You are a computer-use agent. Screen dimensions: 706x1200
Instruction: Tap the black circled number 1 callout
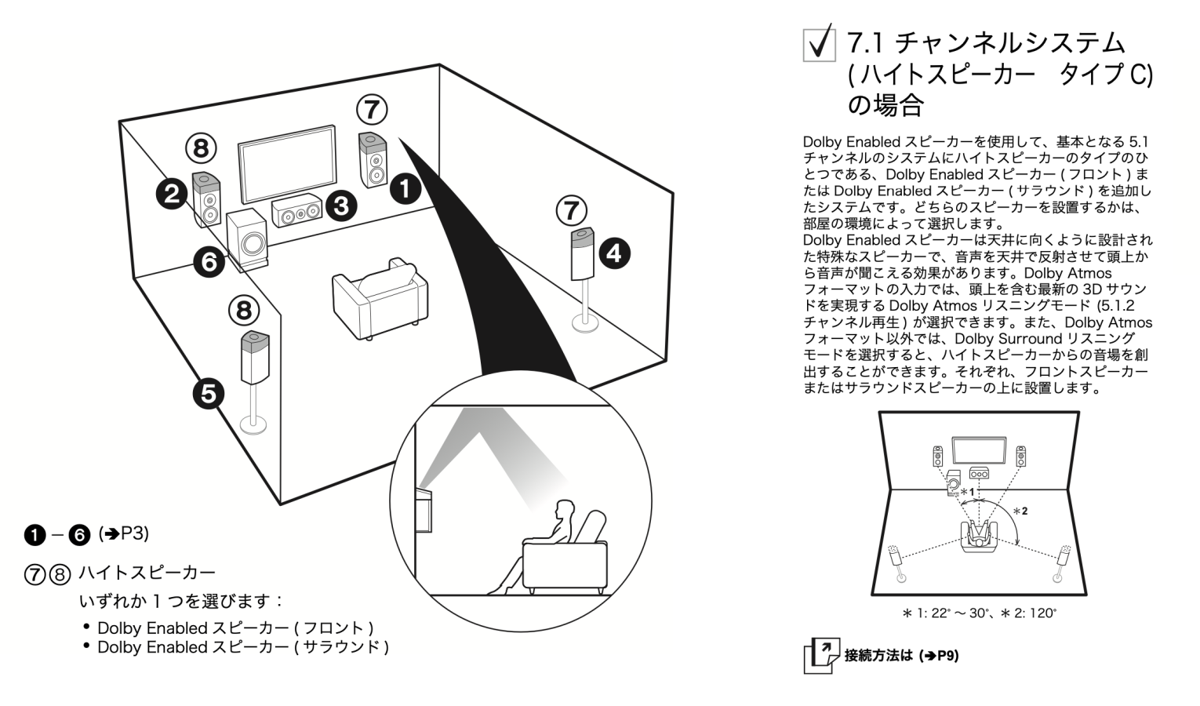[x=405, y=188]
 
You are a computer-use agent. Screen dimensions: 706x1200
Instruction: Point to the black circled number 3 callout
[x=341, y=206]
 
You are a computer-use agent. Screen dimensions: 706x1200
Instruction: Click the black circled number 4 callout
[x=613, y=253]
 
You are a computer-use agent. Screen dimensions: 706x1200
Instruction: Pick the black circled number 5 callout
[x=209, y=392]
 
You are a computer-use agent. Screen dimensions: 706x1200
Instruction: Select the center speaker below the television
[x=296, y=211]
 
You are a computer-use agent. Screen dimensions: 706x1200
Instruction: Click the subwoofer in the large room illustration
[x=246, y=240]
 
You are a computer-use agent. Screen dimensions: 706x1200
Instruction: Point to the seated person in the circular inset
[x=549, y=541]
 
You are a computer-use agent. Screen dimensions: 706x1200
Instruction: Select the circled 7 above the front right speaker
[x=372, y=110]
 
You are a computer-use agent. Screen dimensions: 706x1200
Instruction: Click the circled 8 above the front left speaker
[x=201, y=147]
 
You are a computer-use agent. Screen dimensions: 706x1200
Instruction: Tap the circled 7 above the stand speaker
[x=571, y=210]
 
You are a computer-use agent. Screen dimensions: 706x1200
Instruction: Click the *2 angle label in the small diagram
[x=1020, y=511]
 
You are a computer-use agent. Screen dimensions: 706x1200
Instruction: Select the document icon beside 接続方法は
[x=820, y=656]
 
